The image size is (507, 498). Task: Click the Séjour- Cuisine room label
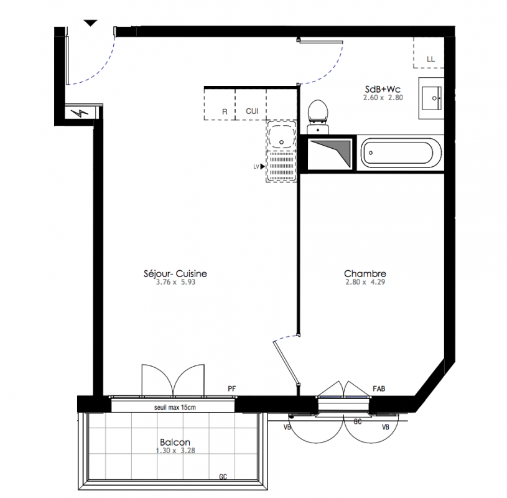[x=175, y=274]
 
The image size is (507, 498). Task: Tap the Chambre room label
[x=365, y=274]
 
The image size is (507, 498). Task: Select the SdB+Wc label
[x=383, y=89]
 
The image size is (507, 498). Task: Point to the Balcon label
[x=175, y=442]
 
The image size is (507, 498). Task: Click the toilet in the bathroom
[x=318, y=117]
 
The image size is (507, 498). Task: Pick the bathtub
[x=401, y=153]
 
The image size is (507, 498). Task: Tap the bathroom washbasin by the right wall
[x=432, y=98]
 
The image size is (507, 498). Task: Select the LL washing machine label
[x=430, y=59]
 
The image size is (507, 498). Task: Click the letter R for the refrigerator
[x=225, y=111]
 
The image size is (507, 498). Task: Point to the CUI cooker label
[x=252, y=111]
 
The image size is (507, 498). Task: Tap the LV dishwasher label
[x=256, y=167]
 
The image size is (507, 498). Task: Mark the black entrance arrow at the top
[x=91, y=23]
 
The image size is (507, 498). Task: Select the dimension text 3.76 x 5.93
[x=175, y=282]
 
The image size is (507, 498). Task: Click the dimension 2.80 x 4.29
[x=365, y=282]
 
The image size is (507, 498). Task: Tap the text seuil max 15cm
[x=175, y=407]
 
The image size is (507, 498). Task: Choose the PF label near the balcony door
[x=232, y=388]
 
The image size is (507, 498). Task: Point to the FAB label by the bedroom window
[x=379, y=388]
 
